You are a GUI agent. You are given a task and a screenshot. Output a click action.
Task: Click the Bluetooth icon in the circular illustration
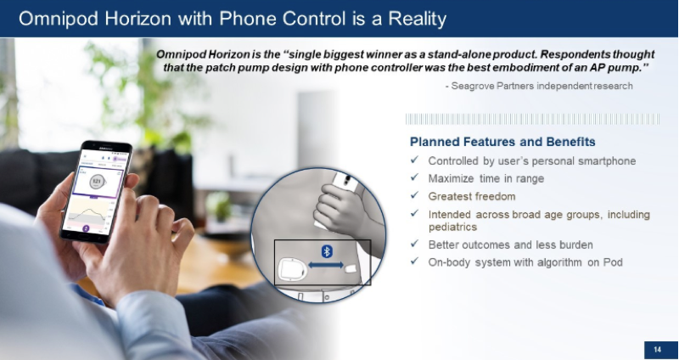[327, 251]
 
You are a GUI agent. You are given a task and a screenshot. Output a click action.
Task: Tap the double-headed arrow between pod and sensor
[326, 265]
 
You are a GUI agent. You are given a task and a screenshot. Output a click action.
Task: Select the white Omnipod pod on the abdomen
[292, 269]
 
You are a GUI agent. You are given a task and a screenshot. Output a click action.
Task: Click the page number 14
[658, 350]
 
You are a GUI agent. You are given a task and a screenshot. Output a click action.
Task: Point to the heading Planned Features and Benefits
[502, 142]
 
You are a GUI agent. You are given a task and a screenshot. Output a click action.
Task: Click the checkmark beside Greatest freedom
[414, 195]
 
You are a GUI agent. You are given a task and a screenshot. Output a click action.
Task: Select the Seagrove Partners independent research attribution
[539, 86]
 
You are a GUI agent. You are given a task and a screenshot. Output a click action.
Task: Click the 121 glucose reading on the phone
[97, 181]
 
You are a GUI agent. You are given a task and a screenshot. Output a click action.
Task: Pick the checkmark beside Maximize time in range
[414, 177]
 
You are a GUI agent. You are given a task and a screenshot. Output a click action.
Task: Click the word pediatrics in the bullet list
[452, 227]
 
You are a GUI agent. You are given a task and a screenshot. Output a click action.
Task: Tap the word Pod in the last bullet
[613, 262]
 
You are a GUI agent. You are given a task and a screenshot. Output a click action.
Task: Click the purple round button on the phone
[86, 228]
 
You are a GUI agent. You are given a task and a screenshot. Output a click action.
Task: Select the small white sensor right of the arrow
[351, 268]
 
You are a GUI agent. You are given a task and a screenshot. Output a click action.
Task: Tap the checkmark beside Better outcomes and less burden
[414, 244]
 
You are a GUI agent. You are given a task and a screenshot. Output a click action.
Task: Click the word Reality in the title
[417, 19]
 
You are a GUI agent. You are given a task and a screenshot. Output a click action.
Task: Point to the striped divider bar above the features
[533, 119]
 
